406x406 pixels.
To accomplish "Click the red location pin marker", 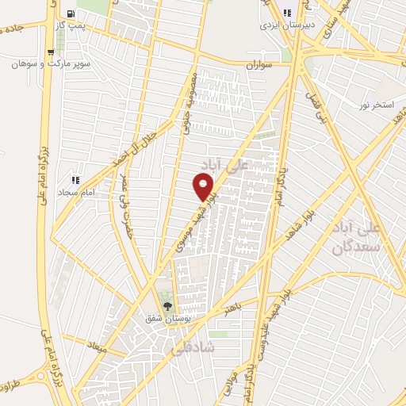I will [205, 187].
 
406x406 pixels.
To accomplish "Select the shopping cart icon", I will [51, 52].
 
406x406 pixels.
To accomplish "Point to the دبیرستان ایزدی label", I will [286, 25].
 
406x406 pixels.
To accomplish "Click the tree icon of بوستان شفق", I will [167, 305].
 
